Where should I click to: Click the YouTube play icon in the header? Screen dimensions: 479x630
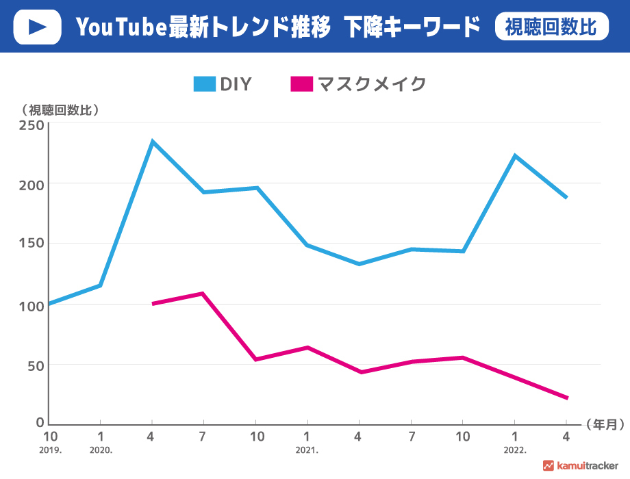38,27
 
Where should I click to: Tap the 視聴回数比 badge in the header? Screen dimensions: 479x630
551,27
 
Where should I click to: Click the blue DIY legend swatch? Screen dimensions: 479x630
205,84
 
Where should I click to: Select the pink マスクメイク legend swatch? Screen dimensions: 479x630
301,84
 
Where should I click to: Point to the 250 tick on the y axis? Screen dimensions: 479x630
31,125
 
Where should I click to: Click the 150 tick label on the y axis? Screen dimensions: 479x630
31,244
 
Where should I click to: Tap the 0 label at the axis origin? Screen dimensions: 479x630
40,424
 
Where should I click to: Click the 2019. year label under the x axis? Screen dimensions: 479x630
50,451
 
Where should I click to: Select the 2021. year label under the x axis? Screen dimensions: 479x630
307,451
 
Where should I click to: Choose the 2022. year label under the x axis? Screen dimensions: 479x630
514,451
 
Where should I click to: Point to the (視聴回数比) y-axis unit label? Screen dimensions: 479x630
61,109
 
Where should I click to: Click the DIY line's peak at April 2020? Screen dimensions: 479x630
152,142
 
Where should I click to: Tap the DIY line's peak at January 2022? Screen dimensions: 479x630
514,156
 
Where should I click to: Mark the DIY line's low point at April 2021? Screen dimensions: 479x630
359,263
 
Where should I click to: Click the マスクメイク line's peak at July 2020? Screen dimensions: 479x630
203,294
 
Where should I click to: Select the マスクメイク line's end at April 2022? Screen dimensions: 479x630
566,398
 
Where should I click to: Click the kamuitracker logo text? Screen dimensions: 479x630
588,466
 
